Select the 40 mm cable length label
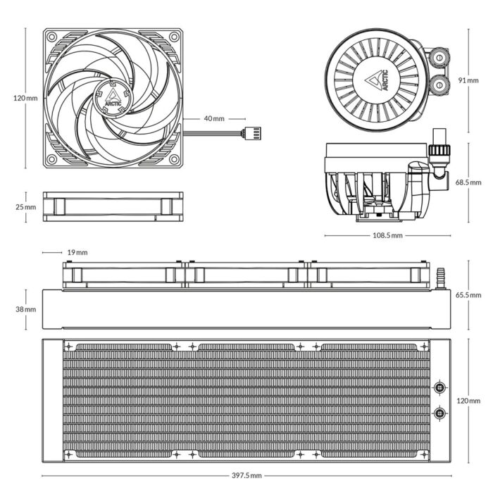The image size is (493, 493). pyautogui.click(x=213, y=118)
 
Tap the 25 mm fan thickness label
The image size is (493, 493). pyautogui.click(x=25, y=207)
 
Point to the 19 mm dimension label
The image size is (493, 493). pyautogui.click(x=77, y=252)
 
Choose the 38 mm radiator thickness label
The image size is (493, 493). pyautogui.click(x=25, y=309)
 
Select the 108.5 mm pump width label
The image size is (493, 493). pyautogui.click(x=387, y=235)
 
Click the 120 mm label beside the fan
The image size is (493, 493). pyautogui.click(x=25, y=98)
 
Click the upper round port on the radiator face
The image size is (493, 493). pyautogui.click(x=440, y=387)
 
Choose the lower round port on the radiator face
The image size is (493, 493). pyautogui.click(x=440, y=413)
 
